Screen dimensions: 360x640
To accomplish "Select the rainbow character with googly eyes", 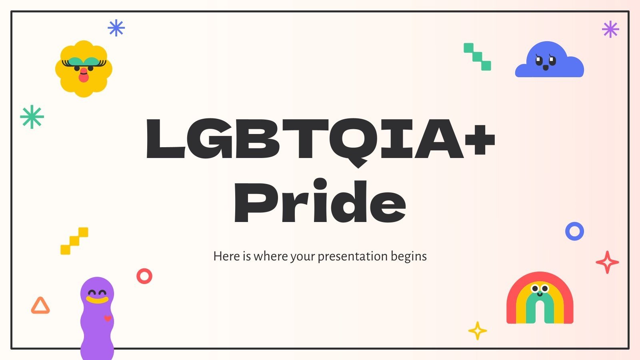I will pos(540,298).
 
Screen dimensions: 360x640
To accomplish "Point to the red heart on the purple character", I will pos(107,319).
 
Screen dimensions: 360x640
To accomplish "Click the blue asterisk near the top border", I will pos(116,28).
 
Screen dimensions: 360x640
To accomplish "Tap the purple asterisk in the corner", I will pos(610,29).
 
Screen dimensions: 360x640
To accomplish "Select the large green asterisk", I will pos(32,117).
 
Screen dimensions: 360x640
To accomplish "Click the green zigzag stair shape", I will pos(477,57).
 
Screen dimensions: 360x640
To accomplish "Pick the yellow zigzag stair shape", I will pos(74,241).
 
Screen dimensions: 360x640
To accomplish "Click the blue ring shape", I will pos(574,231).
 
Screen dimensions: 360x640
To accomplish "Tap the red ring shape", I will pos(144,276).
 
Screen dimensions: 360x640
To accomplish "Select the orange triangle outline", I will pos(40,306).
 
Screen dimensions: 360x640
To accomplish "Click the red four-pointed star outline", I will pos(607,262).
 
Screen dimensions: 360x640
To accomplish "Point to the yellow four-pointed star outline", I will pos(477,331).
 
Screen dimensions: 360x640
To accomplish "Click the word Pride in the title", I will pos(320,202).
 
